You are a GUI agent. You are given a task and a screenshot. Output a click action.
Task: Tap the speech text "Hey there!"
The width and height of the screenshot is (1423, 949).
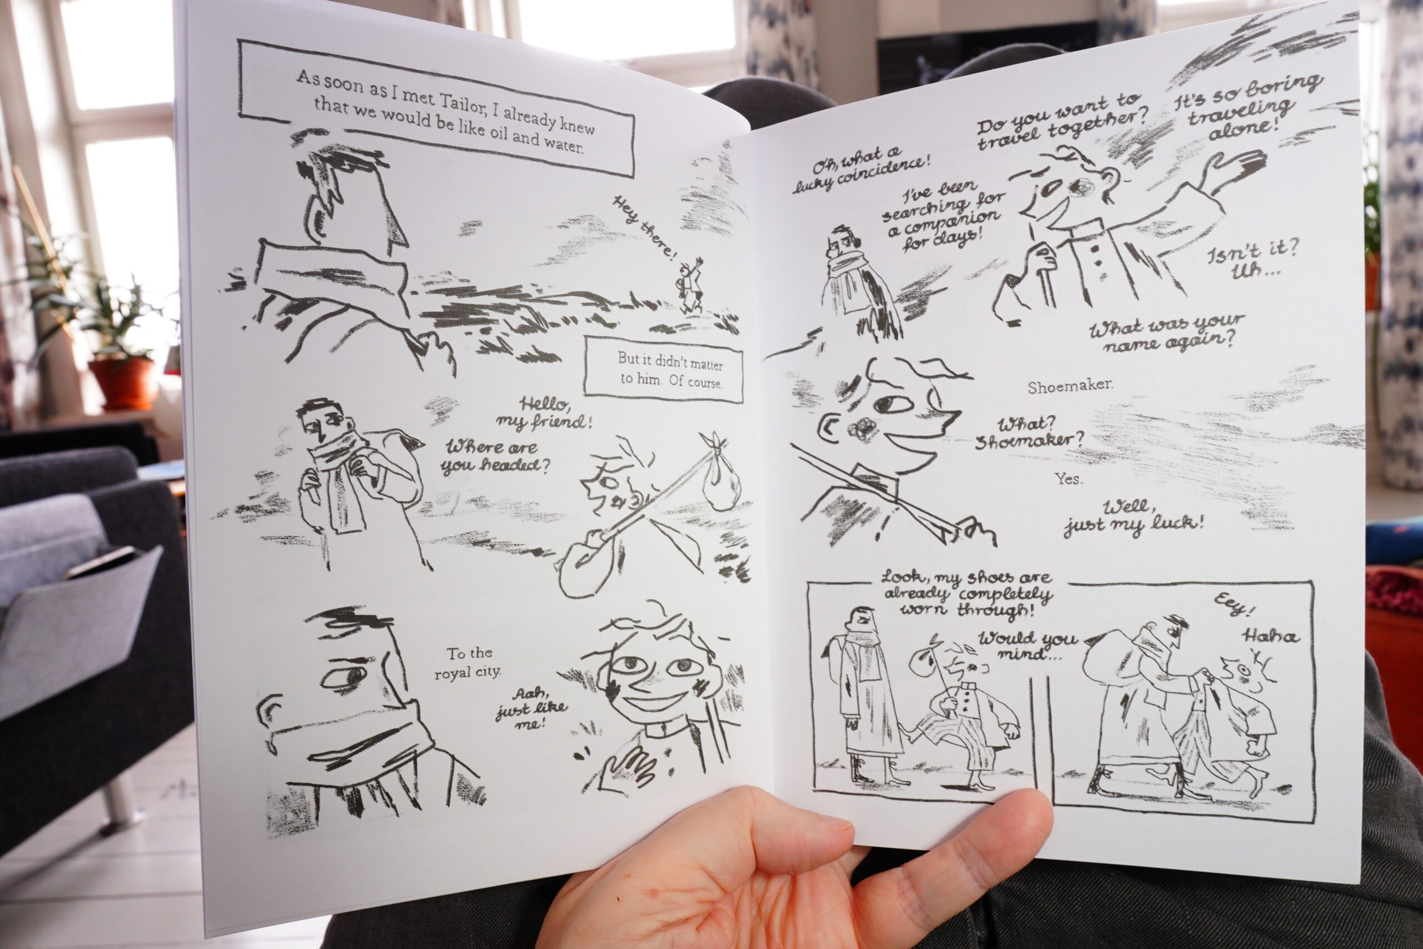(645, 226)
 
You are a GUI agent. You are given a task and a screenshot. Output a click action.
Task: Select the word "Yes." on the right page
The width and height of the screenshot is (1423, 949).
(1068, 478)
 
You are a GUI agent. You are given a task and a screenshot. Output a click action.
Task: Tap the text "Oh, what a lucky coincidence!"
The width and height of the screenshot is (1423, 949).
(862, 168)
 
